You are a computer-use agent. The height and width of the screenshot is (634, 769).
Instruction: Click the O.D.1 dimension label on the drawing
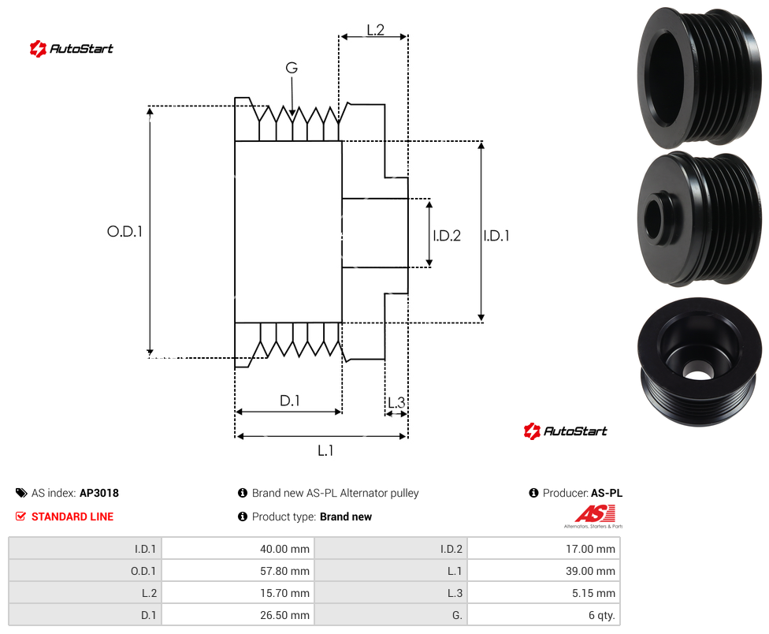click(124, 231)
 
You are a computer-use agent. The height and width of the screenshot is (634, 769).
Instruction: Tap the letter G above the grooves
click(292, 68)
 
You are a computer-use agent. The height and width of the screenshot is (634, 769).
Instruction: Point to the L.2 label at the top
click(375, 30)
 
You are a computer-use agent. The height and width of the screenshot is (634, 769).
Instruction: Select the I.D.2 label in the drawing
click(447, 236)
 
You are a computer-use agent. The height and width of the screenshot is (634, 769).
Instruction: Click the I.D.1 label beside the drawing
click(496, 236)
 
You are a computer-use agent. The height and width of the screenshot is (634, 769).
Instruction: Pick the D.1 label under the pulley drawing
click(289, 401)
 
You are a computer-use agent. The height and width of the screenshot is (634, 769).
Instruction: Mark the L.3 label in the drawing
click(396, 402)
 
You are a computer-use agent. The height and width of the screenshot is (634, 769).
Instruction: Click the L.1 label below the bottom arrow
click(325, 450)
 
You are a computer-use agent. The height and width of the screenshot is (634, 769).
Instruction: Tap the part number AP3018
click(99, 493)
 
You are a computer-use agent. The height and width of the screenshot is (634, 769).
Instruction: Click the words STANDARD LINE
click(72, 517)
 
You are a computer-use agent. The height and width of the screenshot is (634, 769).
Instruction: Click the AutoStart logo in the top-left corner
click(72, 49)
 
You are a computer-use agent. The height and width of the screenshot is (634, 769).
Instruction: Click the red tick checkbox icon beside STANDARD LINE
click(20, 517)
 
